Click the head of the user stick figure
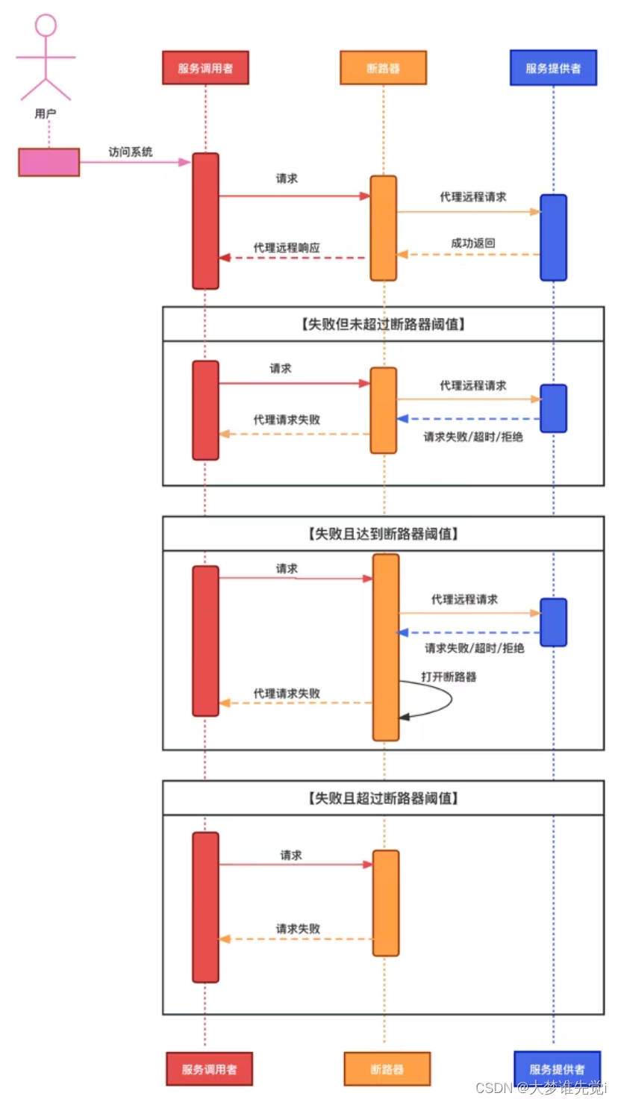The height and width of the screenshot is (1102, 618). pos(46,25)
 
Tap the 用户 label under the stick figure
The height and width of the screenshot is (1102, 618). pos(46,113)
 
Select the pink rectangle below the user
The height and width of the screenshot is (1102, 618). pos(49,162)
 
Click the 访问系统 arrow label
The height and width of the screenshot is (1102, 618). pos(131,152)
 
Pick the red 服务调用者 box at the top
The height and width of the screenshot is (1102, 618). pos(205,68)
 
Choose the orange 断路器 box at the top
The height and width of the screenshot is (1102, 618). pos(383,68)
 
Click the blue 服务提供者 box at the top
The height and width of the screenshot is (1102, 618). pos(553,68)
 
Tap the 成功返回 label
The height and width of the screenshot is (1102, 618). pos(473,243)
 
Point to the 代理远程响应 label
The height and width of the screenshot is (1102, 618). pos(287,247)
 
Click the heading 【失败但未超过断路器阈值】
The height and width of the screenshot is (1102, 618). pos(383,324)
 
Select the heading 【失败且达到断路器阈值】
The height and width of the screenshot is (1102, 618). pos(383,534)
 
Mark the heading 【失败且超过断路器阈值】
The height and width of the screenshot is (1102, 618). pos(383,798)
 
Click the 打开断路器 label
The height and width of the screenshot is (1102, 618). pos(449,676)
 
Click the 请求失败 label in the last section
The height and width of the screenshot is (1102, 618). pos(298,928)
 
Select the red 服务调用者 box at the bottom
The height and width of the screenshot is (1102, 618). pos(209,1068)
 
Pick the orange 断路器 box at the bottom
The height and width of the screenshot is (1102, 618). pos(387,1068)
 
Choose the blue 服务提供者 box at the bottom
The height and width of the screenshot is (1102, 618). pos(557,1068)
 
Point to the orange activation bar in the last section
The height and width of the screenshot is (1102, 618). pos(386,903)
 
